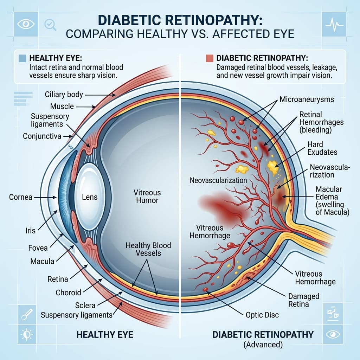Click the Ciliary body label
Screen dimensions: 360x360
pyautogui.click(x=64, y=95)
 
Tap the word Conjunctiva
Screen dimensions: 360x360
pyautogui.click(x=42, y=136)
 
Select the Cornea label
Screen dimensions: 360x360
pyautogui.click(x=21, y=197)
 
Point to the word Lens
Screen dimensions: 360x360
pyautogui.click(x=90, y=197)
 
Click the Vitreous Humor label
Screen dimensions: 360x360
pyautogui.click(x=147, y=196)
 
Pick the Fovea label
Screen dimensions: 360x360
pyautogui.click(x=38, y=248)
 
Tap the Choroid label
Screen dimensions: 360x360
pyautogui.click(x=69, y=292)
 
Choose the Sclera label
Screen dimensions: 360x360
pyautogui.click(x=85, y=306)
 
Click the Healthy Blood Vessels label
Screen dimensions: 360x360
pyautogui.click(x=148, y=249)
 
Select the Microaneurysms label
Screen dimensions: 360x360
pyautogui.click(x=307, y=99)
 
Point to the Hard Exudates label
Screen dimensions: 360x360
pyautogui.click(x=322, y=148)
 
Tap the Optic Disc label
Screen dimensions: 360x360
pyautogui.click(x=262, y=315)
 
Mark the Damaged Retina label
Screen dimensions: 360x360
pyautogui.click(x=304, y=300)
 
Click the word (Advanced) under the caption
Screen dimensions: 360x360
pyautogui.click(x=263, y=345)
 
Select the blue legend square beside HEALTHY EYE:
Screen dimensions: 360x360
pyautogui.click(x=22, y=58)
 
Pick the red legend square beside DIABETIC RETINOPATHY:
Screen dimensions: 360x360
pyautogui.click(x=210, y=58)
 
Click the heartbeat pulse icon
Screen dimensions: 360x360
pyautogui.click(x=334, y=24)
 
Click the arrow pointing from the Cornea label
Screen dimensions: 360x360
pyautogui.click(x=45, y=197)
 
